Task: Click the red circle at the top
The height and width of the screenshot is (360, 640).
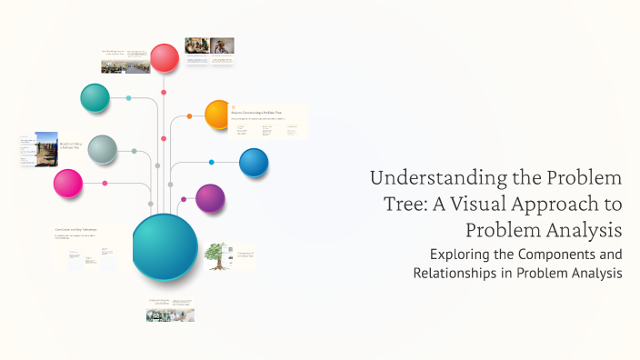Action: pyautogui.click(x=165, y=58)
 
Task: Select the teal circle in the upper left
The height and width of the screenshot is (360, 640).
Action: pyautogui.click(x=95, y=97)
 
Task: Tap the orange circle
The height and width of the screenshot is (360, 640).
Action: pyautogui.click(x=218, y=115)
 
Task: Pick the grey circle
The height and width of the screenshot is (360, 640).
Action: pyautogui.click(x=102, y=149)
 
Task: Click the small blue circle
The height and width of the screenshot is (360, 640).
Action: pyautogui.click(x=254, y=163)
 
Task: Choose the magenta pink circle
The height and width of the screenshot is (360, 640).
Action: pyautogui.click(x=67, y=183)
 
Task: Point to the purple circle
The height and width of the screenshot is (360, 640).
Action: pyautogui.click(x=210, y=197)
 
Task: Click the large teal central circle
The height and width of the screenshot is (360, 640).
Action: pyautogui.click(x=165, y=246)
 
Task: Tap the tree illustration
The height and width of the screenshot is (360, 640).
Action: pyautogui.click(x=215, y=255)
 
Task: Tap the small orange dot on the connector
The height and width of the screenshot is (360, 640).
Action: pyautogui.click(x=189, y=116)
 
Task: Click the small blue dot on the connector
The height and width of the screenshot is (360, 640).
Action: pyautogui.click(x=211, y=163)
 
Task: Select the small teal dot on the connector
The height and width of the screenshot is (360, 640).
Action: pyautogui.click(x=128, y=97)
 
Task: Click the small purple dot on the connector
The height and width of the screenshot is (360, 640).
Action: pyautogui.click(x=183, y=198)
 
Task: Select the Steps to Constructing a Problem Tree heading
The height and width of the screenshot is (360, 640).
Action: pyautogui.click(x=261, y=112)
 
